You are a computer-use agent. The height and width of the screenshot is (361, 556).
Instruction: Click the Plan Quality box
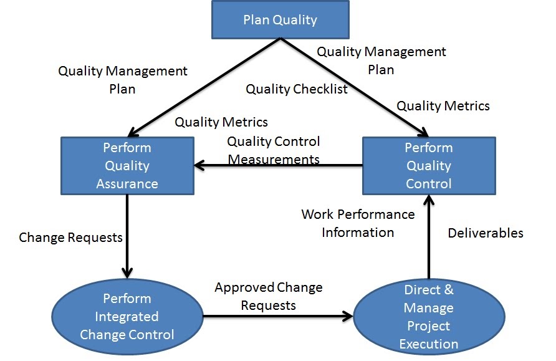pyautogui.click(x=280, y=19)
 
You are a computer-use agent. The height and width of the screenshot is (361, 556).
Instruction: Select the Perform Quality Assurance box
pyautogui.click(x=127, y=166)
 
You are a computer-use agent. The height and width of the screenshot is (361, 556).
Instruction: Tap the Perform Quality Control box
pyautogui.click(x=429, y=166)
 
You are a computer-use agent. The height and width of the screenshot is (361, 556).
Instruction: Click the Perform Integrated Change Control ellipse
pyautogui.click(x=127, y=317)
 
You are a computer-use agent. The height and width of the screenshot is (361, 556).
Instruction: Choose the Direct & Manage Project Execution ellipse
pyautogui.click(x=429, y=317)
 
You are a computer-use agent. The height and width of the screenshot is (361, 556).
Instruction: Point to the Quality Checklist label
pyautogui.click(x=297, y=89)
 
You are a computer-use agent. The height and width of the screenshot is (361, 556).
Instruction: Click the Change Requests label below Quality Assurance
pyautogui.click(x=70, y=238)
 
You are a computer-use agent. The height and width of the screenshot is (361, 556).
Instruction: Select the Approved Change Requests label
pyautogui.click(x=269, y=296)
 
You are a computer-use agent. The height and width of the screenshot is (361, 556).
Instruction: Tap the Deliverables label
pyautogui.click(x=486, y=233)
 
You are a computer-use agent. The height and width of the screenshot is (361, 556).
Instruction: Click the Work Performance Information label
pyautogui.click(x=358, y=223)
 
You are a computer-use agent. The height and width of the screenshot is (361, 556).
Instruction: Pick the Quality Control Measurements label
pyautogui.click(x=274, y=150)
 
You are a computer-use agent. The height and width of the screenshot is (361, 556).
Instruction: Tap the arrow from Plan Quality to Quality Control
pyautogui.click(x=354, y=87)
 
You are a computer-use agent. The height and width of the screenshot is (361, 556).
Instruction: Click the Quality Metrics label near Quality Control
pyautogui.click(x=443, y=106)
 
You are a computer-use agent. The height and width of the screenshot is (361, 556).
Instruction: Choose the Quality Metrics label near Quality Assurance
pyautogui.click(x=221, y=122)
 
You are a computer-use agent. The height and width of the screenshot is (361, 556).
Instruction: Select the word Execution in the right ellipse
pyautogui.click(x=429, y=344)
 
